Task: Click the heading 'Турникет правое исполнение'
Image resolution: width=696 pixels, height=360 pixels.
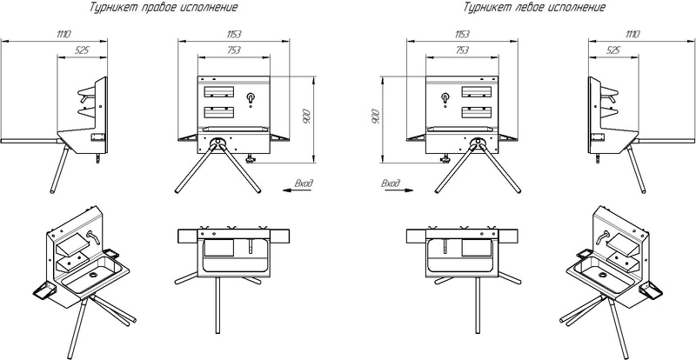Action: tap(164, 8)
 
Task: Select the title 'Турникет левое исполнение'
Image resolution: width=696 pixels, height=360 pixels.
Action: tap(534, 8)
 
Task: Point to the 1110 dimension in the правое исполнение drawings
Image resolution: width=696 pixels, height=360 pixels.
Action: tap(64, 34)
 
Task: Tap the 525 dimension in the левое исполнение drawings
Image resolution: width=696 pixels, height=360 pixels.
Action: tap(612, 50)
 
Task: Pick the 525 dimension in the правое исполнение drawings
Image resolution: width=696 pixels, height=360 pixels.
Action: tap(82, 50)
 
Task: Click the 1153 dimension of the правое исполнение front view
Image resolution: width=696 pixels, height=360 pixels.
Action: tap(233, 34)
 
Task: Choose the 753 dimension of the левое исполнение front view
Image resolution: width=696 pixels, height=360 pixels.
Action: tap(462, 50)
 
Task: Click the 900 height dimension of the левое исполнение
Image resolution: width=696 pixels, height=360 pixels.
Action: tap(376, 117)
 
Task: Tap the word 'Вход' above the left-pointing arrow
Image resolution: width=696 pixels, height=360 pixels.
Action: tap(304, 183)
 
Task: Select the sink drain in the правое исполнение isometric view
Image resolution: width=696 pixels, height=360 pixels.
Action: tap(93, 275)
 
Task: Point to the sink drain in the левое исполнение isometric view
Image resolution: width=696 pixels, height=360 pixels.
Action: tap(602, 275)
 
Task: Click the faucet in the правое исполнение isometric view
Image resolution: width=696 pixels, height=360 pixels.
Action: tap(93, 237)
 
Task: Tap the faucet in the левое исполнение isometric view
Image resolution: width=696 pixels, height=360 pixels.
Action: tap(603, 237)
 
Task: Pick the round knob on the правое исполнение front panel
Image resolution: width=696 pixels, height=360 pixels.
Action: tap(251, 97)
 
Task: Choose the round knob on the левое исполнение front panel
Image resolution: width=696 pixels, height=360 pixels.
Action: tap(445, 97)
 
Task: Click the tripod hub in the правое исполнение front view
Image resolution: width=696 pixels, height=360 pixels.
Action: tap(217, 142)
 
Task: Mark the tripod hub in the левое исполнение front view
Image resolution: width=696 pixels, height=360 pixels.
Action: tap(478, 142)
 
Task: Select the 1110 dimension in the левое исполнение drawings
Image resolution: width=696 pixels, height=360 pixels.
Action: tap(632, 34)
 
